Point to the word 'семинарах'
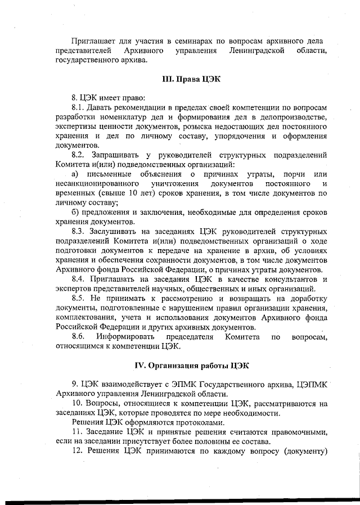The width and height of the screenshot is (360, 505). coord(204,40)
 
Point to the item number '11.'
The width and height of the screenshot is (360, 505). coord(78,432)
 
